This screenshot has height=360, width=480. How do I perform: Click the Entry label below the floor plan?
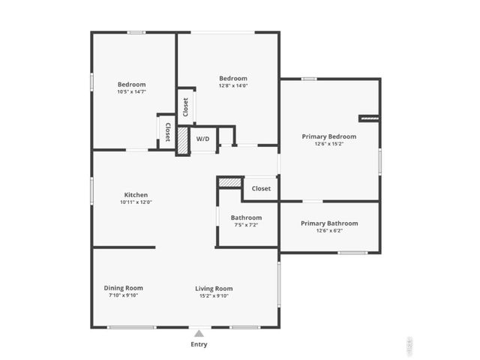(199, 345)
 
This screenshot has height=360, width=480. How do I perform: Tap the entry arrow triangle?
(199, 334)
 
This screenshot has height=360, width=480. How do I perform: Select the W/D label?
(203, 139)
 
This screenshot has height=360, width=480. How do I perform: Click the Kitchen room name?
(136, 195)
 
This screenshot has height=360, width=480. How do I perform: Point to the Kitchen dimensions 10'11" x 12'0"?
(136, 202)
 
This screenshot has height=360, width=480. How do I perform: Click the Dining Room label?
(123, 288)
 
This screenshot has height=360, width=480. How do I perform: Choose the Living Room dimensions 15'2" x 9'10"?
(214, 295)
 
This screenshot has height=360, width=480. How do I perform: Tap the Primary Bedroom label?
(329, 136)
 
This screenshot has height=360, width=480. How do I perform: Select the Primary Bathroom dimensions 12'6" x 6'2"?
(329, 231)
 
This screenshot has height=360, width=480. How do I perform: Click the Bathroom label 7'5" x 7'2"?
(246, 224)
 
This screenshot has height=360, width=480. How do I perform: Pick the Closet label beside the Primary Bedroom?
(261, 189)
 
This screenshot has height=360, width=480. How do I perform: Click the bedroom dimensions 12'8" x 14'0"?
(233, 85)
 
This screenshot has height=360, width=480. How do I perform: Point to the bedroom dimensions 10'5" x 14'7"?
(131, 91)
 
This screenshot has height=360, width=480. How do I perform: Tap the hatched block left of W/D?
(182, 140)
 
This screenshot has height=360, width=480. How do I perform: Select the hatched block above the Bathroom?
(229, 181)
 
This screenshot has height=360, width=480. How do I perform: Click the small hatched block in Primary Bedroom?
(369, 118)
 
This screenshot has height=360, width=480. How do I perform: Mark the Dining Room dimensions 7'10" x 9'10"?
(123, 295)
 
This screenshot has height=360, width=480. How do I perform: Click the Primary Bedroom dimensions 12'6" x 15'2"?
(329, 144)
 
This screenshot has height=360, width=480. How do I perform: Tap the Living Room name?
(214, 288)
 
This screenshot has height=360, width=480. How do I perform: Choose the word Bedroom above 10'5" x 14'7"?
(131, 84)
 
